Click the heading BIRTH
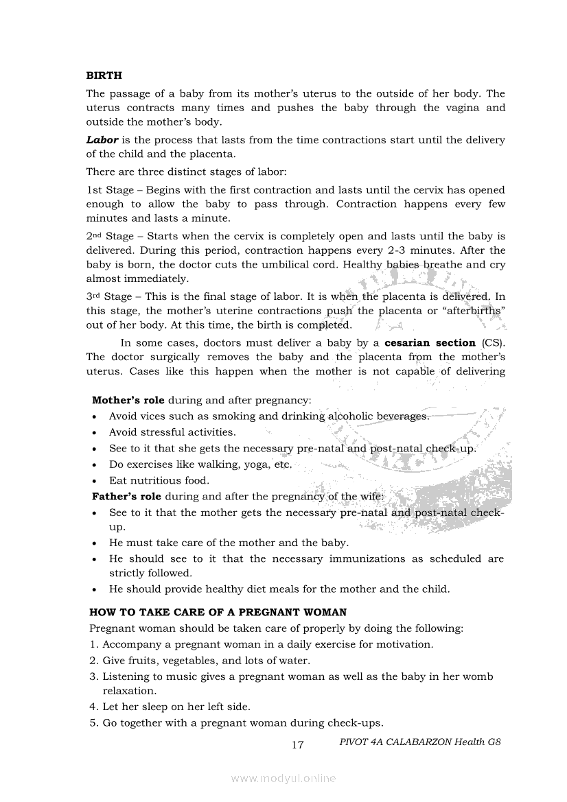tap(104, 75)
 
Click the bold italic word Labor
tap(102, 140)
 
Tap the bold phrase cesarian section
tap(430, 343)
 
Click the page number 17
tap(297, 745)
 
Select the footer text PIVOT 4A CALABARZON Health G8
tap(420, 742)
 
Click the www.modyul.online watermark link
tap(283, 778)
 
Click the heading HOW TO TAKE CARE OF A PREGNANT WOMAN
tap(218, 612)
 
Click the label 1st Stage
tap(110, 190)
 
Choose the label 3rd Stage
tap(110, 297)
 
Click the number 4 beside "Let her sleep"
tap(93, 706)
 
